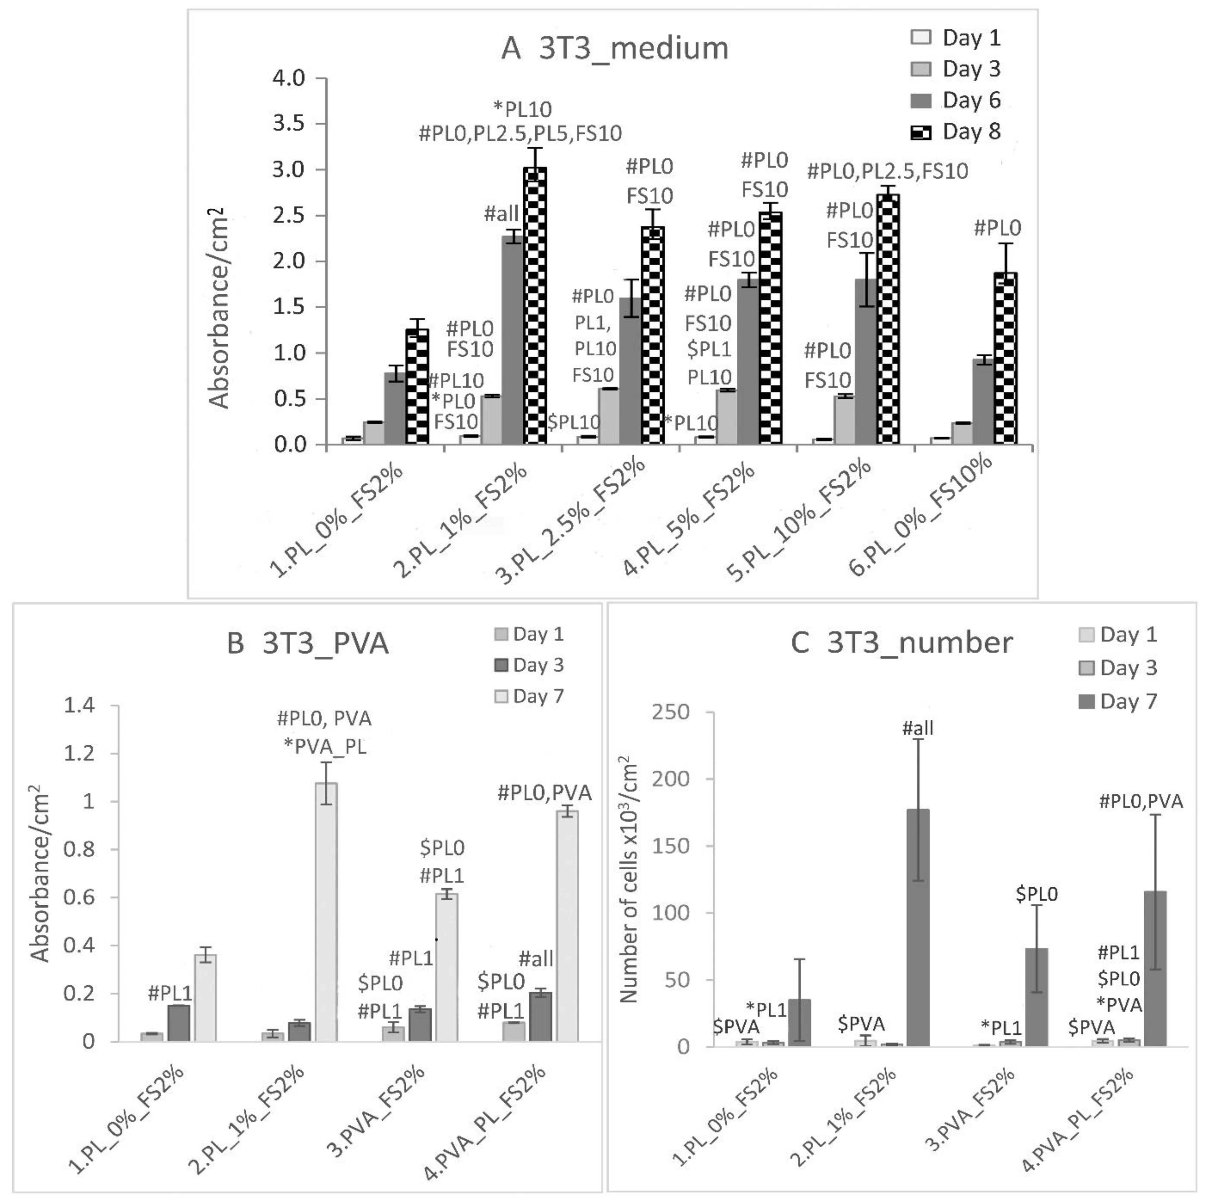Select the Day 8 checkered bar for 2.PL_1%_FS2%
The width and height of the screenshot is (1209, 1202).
pos(535,306)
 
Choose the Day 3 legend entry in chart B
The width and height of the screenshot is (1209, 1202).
pos(529,665)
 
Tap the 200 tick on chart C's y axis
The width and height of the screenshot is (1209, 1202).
pos(671,779)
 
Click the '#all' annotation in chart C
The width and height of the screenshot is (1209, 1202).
pos(918,728)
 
